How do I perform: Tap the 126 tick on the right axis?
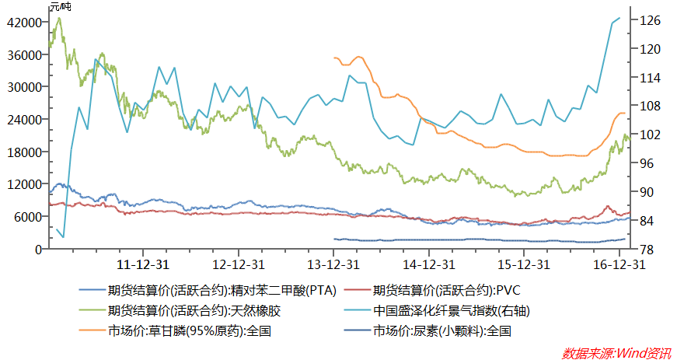click(650, 21)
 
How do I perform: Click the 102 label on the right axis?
click(650, 135)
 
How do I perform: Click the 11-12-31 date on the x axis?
click(143, 264)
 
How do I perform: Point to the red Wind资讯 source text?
click(616, 352)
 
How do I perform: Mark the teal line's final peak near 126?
click(619, 19)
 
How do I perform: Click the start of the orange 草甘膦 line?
click(334, 58)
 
